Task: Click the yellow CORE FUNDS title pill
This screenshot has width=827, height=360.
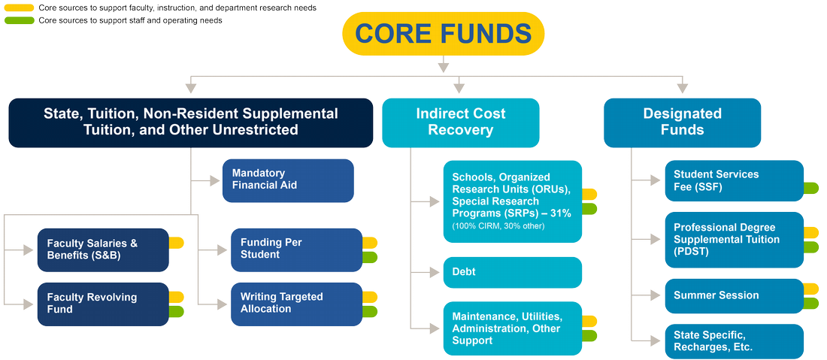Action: pyautogui.click(x=443, y=34)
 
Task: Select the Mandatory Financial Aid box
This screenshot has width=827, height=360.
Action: pyautogui.click(x=288, y=180)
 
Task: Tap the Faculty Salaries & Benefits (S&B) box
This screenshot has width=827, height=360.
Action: pyautogui.click(x=104, y=250)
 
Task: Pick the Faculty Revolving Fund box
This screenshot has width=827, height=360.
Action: pyautogui.click(x=104, y=304)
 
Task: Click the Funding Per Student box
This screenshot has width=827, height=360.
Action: pyautogui.click(x=297, y=250)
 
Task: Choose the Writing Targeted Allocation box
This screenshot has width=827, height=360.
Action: pyautogui.click(x=297, y=304)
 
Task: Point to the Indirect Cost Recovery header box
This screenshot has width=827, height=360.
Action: pyautogui.click(x=460, y=123)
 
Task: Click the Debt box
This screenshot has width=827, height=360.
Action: pyautogui.click(x=513, y=273)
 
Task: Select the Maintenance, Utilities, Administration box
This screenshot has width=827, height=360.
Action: pyautogui.click(x=513, y=328)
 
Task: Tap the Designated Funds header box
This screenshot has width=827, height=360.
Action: pyautogui.click(x=683, y=123)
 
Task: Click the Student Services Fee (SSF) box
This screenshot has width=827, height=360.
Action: pyautogui.click(x=735, y=181)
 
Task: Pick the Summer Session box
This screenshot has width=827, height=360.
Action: pyautogui.click(x=735, y=295)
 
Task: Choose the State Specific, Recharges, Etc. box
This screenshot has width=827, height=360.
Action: pyautogui.click(x=735, y=341)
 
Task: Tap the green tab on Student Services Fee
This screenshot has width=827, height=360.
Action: pyautogui.click(x=811, y=188)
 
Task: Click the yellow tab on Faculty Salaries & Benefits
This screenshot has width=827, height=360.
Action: pyautogui.click(x=176, y=243)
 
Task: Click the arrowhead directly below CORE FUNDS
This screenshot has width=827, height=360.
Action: pyautogui.click(x=444, y=67)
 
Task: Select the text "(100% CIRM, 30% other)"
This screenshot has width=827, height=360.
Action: pyautogui.click(x=498, y=226)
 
